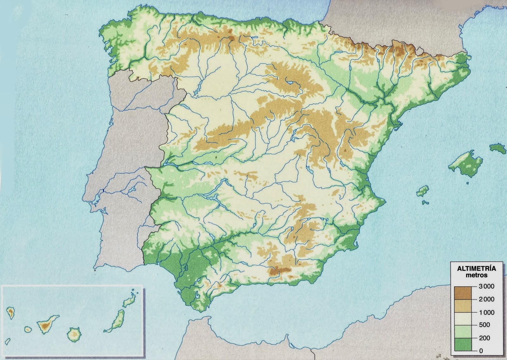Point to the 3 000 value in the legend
pyautogui.click(x=486, y=287)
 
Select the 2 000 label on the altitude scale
pyautogui.click(x=486, y=299)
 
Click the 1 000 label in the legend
pyautogui.click(x=486, y=312)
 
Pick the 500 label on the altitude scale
pyautogui.click(x=485, y=325)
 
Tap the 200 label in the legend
pyautogui.click(x=485, y=338)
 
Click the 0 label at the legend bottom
pyautogui.click(x=481, y=351)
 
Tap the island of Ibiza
pyautogui.click(x=422, y=191)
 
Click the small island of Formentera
pyautogui.click(x=426, y=202)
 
